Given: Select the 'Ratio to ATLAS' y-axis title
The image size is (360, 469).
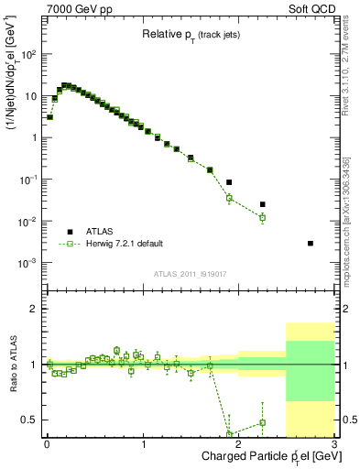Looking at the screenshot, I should pos(12,365).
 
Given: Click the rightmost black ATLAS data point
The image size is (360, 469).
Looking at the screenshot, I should pos(311,243).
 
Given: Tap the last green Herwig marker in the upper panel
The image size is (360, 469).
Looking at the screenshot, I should pos(262,218).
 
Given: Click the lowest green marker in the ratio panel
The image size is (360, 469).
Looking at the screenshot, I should pos(229,435).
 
